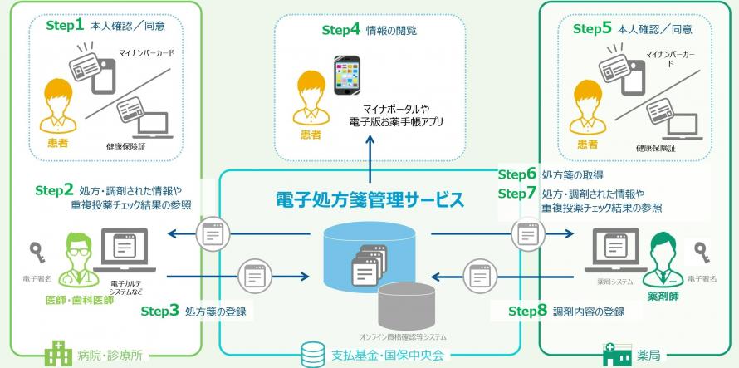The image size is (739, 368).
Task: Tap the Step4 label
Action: tap(340, 30)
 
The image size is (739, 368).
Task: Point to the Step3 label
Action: tap(159, 312)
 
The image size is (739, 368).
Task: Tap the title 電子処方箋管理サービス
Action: tap(369, 199)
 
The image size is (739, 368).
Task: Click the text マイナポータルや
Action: tap(396, 109)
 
